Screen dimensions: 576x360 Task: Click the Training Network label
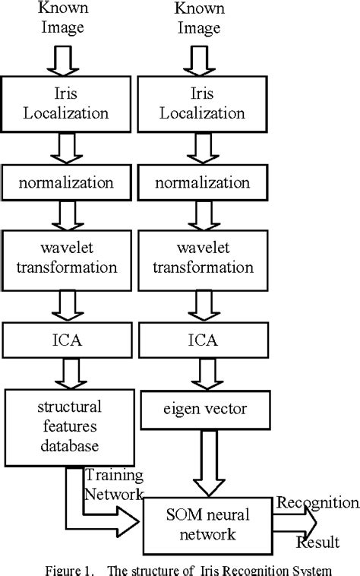[x=113, y=484]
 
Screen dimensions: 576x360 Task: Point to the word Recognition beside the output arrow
[x=317, y=502]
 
